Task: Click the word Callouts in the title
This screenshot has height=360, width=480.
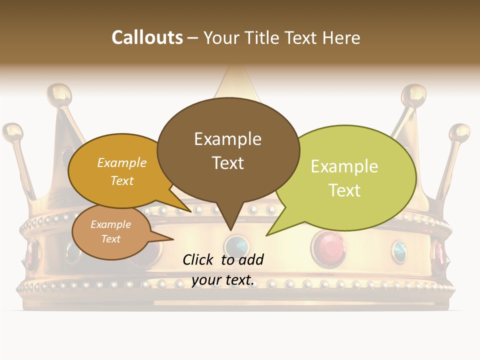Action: coord(147,37)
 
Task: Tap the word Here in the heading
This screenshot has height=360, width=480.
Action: coord(341,38)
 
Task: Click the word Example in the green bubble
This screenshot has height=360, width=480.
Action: coord(344,166)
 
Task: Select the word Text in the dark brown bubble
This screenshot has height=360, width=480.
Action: coord(228,163)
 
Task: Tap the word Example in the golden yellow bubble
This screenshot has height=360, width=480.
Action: coord(122,162)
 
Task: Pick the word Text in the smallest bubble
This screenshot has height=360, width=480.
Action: coord(111,239)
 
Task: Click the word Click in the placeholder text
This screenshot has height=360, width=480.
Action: coord(199,259)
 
